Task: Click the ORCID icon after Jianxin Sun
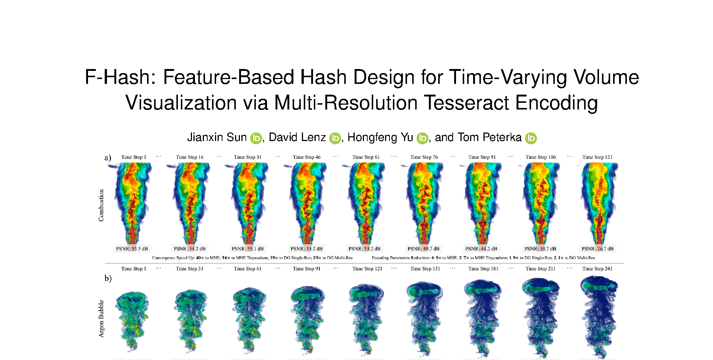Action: (x=256, y=138)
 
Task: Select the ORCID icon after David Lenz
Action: (x=335, y=138)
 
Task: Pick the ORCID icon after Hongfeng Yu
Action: (x=423, y=138)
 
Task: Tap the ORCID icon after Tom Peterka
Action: (x=531, y=138)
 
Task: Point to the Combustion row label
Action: (x=101, y=206)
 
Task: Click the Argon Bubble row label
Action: (x=101, y=319)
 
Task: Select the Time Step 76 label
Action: (x=424, y=157)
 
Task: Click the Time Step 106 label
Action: (x=541, y=157)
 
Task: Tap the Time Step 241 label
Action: (x=598, y=269)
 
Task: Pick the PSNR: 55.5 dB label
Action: (x=132, y=249)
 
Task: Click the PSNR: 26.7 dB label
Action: (x=598, y=249)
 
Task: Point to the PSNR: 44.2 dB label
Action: (x=481, y=249)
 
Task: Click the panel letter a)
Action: (x=108, y=158)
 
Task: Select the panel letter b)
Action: (x=108, y=278)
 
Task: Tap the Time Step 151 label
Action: (x=425, y=269)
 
